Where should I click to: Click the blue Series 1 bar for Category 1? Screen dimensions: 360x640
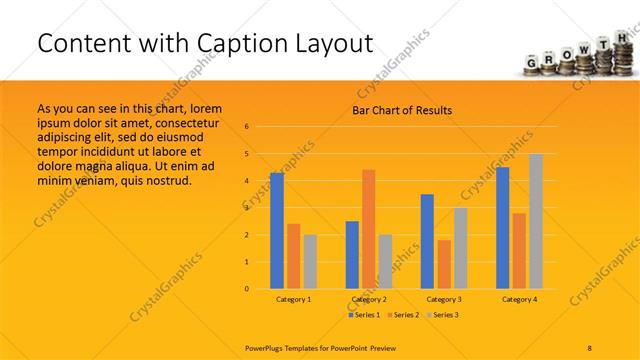coord(277,231)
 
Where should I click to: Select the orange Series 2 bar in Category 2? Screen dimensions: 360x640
coord(369,229)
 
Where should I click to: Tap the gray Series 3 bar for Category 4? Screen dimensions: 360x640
coord(536,221)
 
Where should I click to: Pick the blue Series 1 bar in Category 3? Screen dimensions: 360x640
coord(427,241)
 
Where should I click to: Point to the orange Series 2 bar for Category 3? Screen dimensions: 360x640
coord(444,264)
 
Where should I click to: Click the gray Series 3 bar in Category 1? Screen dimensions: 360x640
coord(310,262)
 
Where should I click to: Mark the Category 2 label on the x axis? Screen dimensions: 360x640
coord(369,299)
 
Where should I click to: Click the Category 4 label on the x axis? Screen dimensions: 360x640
coord(519,299)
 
